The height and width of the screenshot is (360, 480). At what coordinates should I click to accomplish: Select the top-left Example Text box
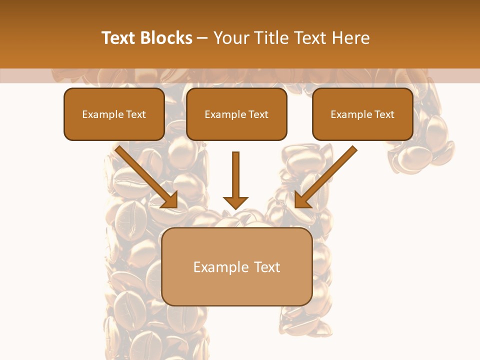coord(114,114)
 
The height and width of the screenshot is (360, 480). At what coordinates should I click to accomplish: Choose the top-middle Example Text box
coord(236,114)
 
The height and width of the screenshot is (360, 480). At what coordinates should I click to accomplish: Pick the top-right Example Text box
coord(362,114)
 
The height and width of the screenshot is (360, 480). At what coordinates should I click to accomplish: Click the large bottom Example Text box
coord(237,266)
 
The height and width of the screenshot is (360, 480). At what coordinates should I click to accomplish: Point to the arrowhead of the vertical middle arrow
coord(235,203)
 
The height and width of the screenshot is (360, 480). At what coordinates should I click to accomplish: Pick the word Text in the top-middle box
coord(258,114)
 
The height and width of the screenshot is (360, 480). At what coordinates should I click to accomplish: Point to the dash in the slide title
coord(202,38)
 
